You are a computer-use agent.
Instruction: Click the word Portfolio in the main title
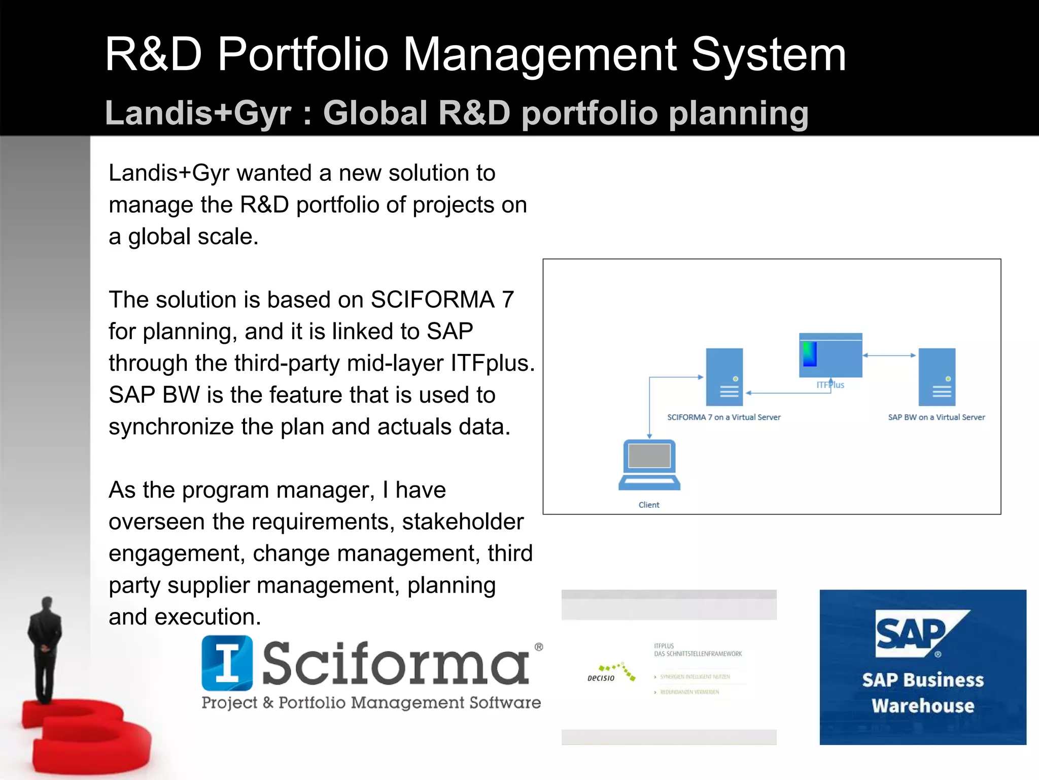pyautogui.click(x=302, y=55)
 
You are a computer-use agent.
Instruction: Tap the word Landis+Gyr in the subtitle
pyautogui.click(x=198, y=113)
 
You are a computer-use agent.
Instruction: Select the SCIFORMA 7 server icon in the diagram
pyautogui.click(x=724, y=377)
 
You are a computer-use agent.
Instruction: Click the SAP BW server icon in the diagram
pyautogui.click(x=937, y=377)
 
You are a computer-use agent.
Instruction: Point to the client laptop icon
pyautogui.click(x=649, y=464)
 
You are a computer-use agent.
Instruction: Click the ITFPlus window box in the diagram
pyautogui.click(x=830, y=355)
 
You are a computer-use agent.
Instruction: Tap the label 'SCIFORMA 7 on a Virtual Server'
pyautogui.click(x=723, y=417)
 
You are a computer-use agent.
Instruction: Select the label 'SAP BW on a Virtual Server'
pyautogui.click(x=936, y=417)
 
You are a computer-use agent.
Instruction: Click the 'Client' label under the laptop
pyautogui.click(x=649, y=505)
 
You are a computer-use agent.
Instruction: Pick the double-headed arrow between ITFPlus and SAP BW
pyautogui.click(x=890, y=355)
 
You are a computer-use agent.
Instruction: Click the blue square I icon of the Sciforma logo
pyautogui.click(x=227, y=663)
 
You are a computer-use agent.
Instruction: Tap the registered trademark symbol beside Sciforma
pyautogui.click(x=539, y=647)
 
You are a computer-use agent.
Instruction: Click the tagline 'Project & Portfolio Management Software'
pyautogui.click(x=371, y=703)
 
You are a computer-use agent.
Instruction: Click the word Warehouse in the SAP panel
pyautogui.click(x=923, y=706)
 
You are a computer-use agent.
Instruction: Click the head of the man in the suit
pyautogui.click(x=47, y=604)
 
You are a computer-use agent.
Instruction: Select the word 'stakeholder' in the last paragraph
pyautogui.click(x=462, y=522)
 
